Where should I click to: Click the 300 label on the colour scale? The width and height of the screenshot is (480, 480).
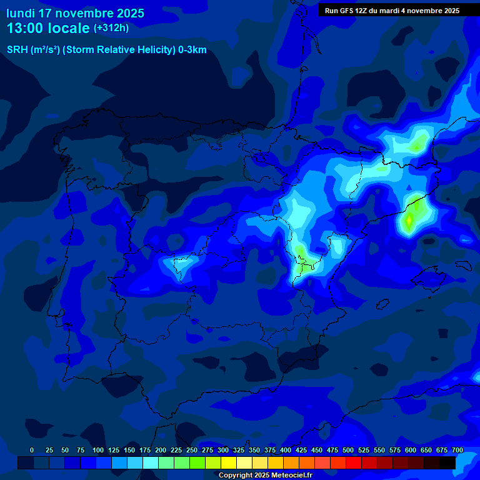click(x=223, y=450)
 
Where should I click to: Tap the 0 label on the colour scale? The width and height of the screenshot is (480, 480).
click(x=32, y=450)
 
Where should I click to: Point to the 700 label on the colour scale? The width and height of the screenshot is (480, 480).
click(x=457, y=450)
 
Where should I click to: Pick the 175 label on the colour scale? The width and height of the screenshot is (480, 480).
click(x=145, y=450)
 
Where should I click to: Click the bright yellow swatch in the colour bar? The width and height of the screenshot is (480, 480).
click(x=229, y=462)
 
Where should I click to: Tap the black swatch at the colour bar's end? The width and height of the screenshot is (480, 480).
click(x=447, y=462)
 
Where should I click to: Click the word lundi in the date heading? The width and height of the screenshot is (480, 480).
click(x=20, y=13)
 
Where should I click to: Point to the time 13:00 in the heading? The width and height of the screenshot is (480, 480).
click(x=26, y=28)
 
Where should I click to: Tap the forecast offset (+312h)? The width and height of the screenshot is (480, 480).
click(x=111, y=28)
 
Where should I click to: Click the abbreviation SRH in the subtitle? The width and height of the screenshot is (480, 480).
click(x=17, y=50)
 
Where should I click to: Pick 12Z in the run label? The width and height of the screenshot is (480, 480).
click(x=361, y=11)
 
